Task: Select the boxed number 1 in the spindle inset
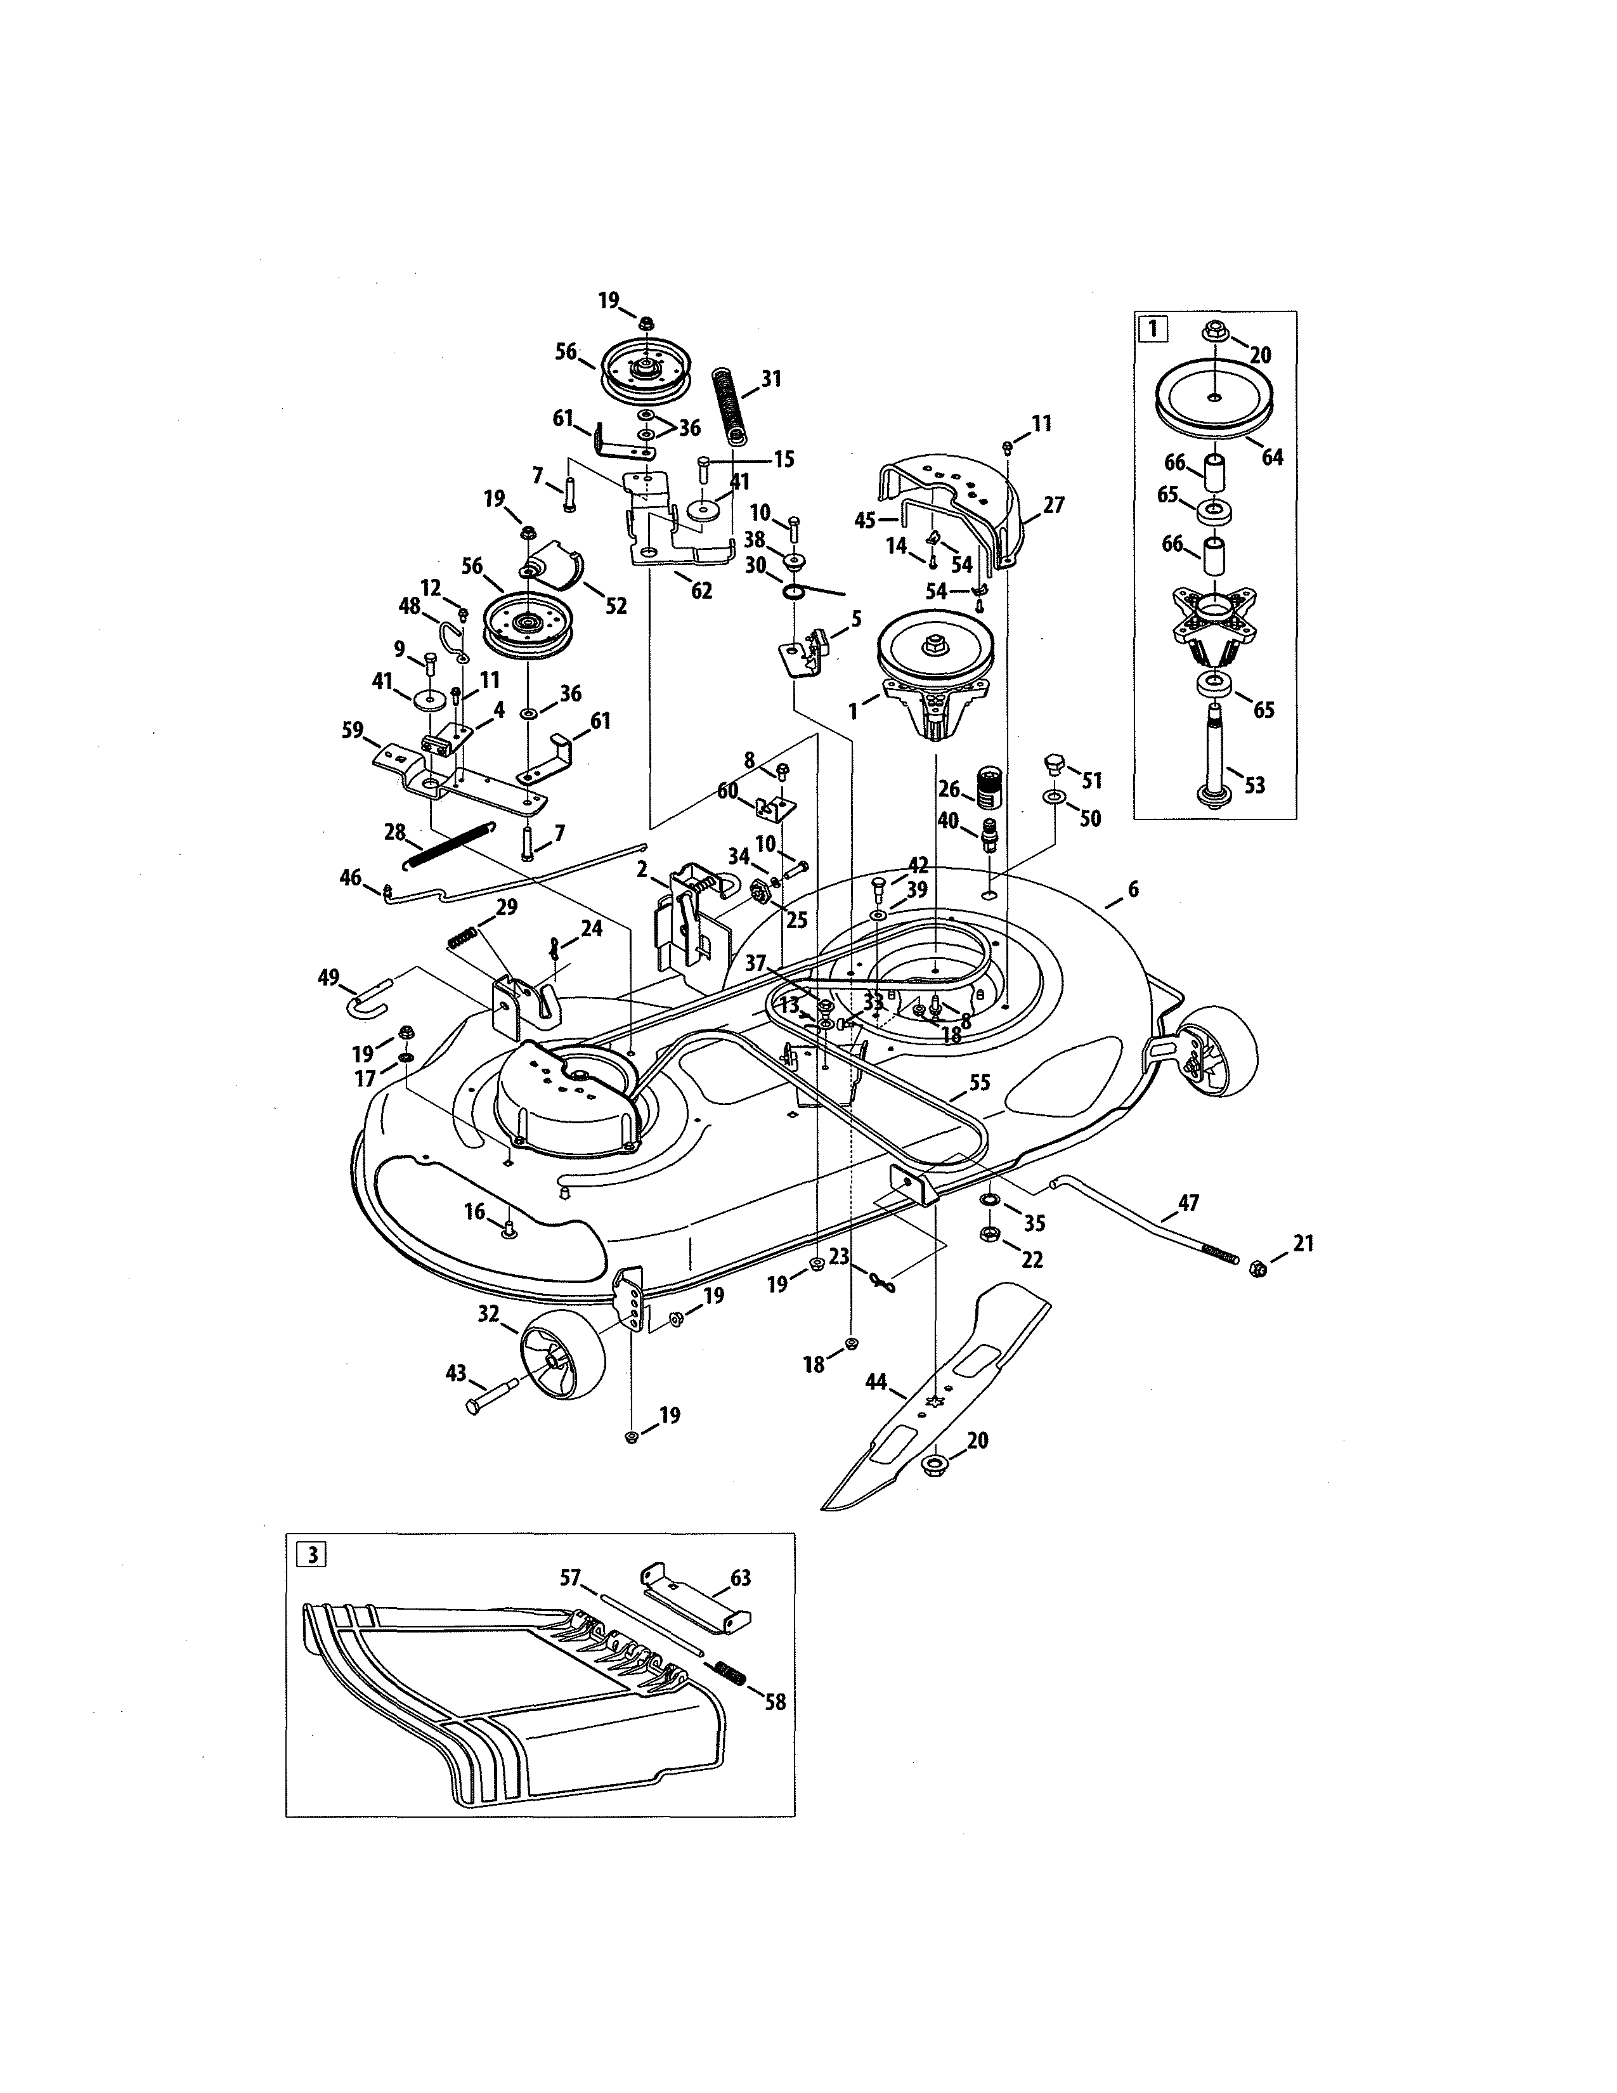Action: [1152, 329]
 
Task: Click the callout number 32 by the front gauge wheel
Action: [488, 1314]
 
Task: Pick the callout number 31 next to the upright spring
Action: [771, 379]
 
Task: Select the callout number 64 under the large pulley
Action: [1271, 457]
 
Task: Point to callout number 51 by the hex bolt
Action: [1091, 780]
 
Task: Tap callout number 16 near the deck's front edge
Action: [475, 1212]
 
